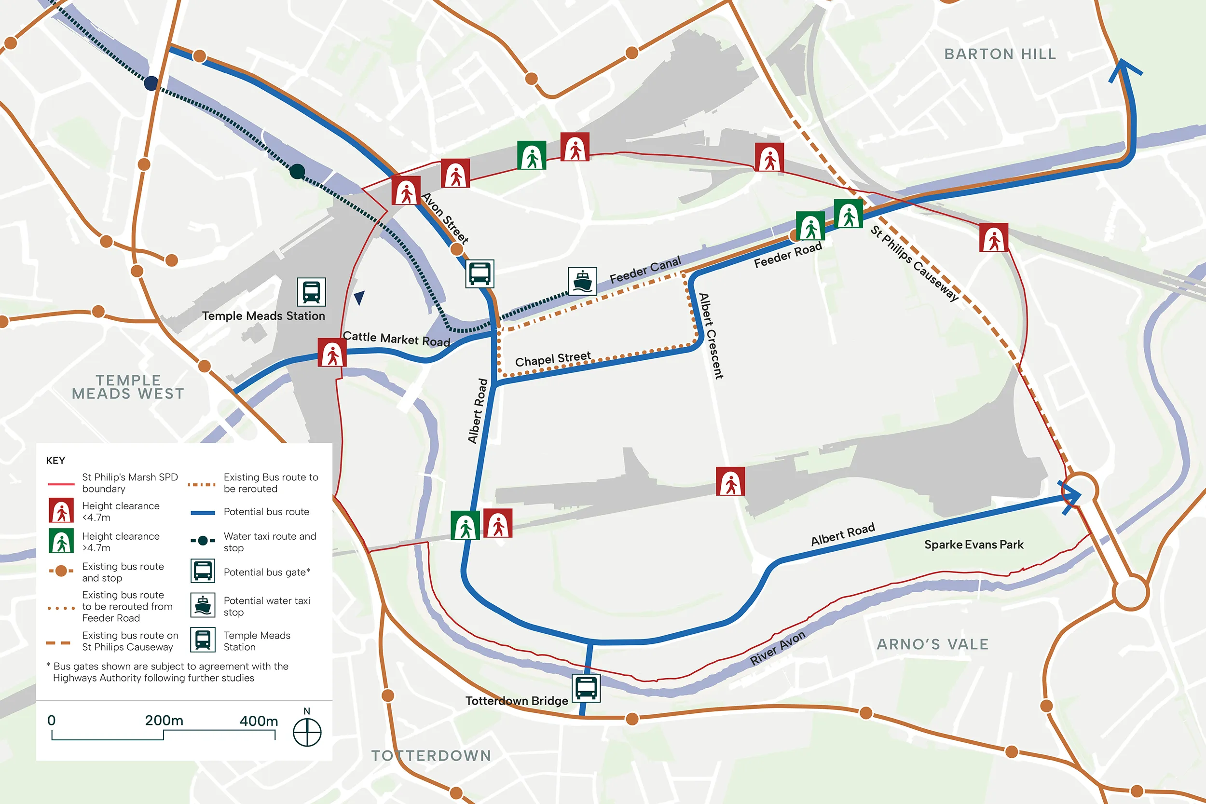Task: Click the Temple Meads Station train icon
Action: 311,292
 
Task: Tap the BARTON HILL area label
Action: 1000,55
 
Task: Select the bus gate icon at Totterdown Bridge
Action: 586,688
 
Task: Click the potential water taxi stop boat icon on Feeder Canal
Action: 582,281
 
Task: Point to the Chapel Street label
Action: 553,359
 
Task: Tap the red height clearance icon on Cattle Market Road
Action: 332,352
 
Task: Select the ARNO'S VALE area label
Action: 932,644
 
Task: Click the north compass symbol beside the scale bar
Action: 307,732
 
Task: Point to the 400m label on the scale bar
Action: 259,721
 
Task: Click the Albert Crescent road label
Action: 711,336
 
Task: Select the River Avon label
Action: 777,648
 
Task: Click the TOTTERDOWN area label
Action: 431,756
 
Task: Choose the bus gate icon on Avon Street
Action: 480,273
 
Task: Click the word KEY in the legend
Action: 55,461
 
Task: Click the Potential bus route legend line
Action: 203,512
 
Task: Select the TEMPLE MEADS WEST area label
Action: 128,387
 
